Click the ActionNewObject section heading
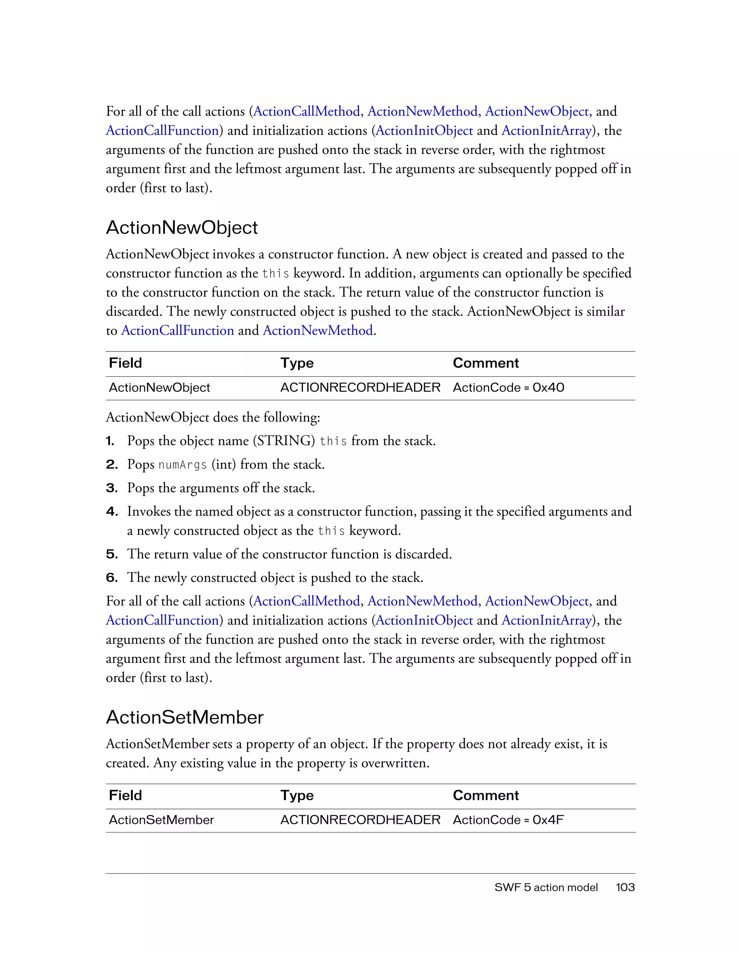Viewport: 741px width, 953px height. pyautogui.click(x=182, y=228)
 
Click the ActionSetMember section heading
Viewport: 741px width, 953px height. pyautogui.click(x=185, y=717)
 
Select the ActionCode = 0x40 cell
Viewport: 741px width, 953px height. pyautogui.click(x=508, y=388)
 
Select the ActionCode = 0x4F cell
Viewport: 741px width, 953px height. pyautogui.click(x=508, y=820)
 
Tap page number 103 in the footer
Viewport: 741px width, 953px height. pyautogui.click(x=625, y=887)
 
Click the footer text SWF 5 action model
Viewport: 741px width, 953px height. pyautogui.click(x=546, y=887)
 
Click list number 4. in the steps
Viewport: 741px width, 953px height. pyautogui.click(x=112, y=511)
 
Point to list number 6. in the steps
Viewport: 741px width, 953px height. pyautogui.click(x=112, y=578)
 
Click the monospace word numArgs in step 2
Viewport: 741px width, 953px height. pyautogui.click(x=182, y=465)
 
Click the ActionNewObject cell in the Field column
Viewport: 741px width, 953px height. pyautogui.click(x=159, y=388)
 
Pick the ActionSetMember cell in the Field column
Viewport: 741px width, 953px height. pyautogui.click(x=161, y=820)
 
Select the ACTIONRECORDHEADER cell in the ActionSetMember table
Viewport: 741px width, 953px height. pyautogui.click(x=360, y=820)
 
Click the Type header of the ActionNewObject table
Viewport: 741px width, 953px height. pyautogui.click(x=297, y=363)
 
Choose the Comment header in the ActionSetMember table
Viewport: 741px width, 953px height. pyautogui.click(x=486, y=796)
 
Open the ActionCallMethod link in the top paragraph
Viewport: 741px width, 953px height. pyautogui.click(x=306, y=112)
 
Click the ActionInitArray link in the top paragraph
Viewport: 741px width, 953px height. pyautogui.click(x=546, y=131)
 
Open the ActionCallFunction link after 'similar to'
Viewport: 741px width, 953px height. pyautogui.click(x=178, y=331)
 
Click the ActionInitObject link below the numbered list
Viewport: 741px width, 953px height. pyautogui.click(x=424, y=620)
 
